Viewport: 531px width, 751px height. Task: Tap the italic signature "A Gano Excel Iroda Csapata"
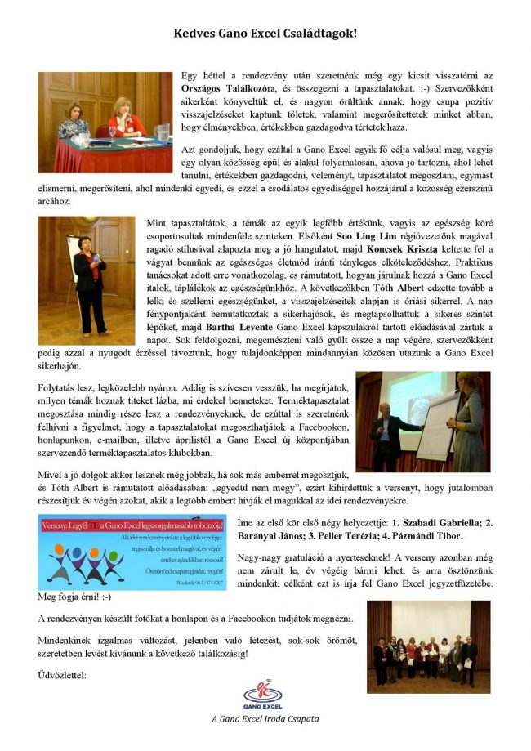pos(263,718)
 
